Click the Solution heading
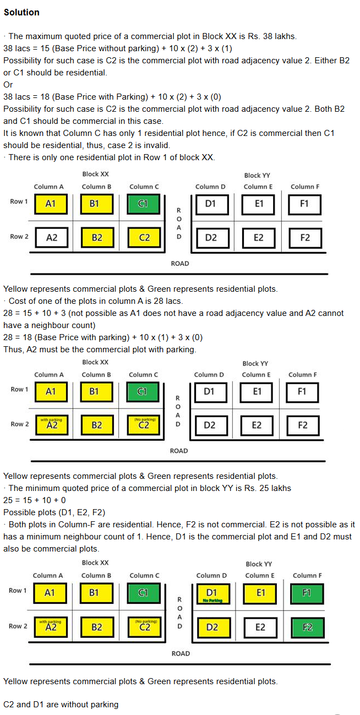coord(21,12)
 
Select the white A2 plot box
coord(52,238)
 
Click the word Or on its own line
coord(8,85)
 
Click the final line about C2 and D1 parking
coord(61,704)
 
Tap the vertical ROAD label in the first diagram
coord(178,223)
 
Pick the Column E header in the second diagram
coord(256,375)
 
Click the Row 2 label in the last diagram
coord(18,626)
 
